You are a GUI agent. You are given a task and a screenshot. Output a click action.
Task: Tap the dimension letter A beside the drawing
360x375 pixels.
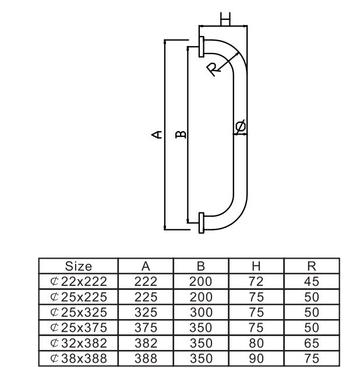click(156, 135)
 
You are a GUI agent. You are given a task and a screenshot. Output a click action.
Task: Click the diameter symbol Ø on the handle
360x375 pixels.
click(240, 126)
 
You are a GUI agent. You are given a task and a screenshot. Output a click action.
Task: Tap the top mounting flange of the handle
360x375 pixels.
click(201, 47)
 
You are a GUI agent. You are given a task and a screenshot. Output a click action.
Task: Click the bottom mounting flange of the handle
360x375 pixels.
click(201, 223)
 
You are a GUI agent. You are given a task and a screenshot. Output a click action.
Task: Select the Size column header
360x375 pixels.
click(79, 267)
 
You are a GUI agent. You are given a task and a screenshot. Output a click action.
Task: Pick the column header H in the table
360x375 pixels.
click(256, 267)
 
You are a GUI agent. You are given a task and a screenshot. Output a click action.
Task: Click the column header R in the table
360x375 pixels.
click(311, 267)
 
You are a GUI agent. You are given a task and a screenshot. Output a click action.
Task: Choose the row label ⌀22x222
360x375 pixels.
click(79, 281)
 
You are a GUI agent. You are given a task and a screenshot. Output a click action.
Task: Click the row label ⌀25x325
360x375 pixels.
click(79, 312)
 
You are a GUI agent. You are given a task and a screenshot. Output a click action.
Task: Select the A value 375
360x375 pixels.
click(146, 327)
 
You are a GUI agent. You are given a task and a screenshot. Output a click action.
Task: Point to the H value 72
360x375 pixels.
click(256, 281)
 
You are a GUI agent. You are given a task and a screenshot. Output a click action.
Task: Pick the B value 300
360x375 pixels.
click(200, 312)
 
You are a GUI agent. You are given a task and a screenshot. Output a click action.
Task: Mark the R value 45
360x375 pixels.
click(311, 281)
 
